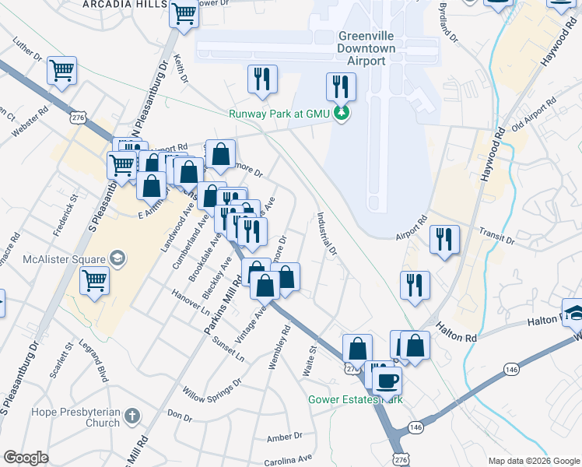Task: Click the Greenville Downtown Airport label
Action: [x=362, y=48]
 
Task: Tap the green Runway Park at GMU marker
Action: [x=341, y=114]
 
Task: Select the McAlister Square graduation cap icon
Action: [x=117, y=258]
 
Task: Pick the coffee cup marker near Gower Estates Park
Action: [x=387, y=381]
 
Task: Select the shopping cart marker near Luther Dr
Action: [x=61, y=71]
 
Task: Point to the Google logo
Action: [x=26, y=458]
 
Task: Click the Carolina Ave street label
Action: [x=287, y=461]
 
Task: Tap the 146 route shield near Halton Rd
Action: [x=510, y=368]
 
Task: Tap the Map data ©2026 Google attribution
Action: [x=533, y=461]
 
